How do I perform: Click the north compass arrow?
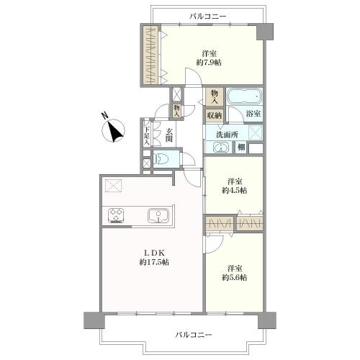click(114, 130)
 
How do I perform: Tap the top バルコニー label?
click(208, 15)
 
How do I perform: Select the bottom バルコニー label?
click(194, 335)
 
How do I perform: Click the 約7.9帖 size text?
click(210, 63)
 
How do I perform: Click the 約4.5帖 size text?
click(235, 190)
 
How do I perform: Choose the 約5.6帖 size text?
click(235, 277)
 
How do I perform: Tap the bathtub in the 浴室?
click(246, 96)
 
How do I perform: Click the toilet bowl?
click(163, 160)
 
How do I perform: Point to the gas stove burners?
click(117, 215)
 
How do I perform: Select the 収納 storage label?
click(214, 114)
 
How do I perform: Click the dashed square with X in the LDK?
click(114, 187)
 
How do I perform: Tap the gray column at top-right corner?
click(266, 31)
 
